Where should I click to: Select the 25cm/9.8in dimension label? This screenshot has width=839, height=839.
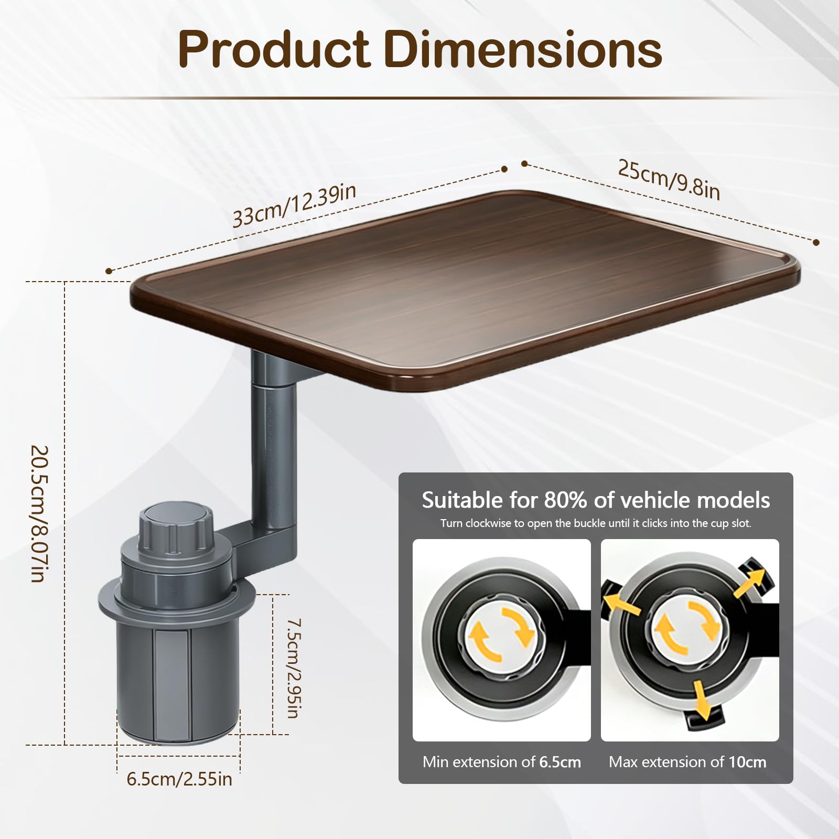pos(669,179)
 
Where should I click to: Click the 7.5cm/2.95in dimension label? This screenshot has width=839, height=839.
pos(294,668)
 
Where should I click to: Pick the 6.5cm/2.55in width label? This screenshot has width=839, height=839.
pos(179,779)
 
